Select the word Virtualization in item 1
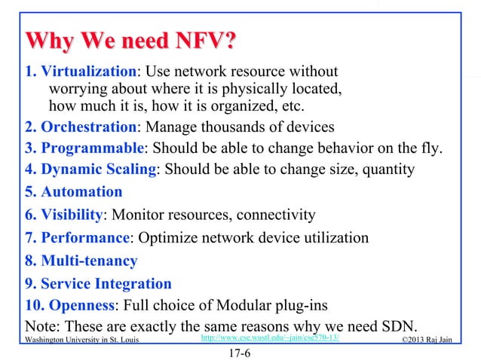pyautogui.click(x=88, y=73)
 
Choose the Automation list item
pyautogui.click(x=81, y=192)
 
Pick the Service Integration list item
pyautogui.click(x=106, y=284)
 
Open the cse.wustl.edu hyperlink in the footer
pyautogui.click(x=268, y=340)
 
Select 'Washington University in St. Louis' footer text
pyautogui.click(x=81, y=340)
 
